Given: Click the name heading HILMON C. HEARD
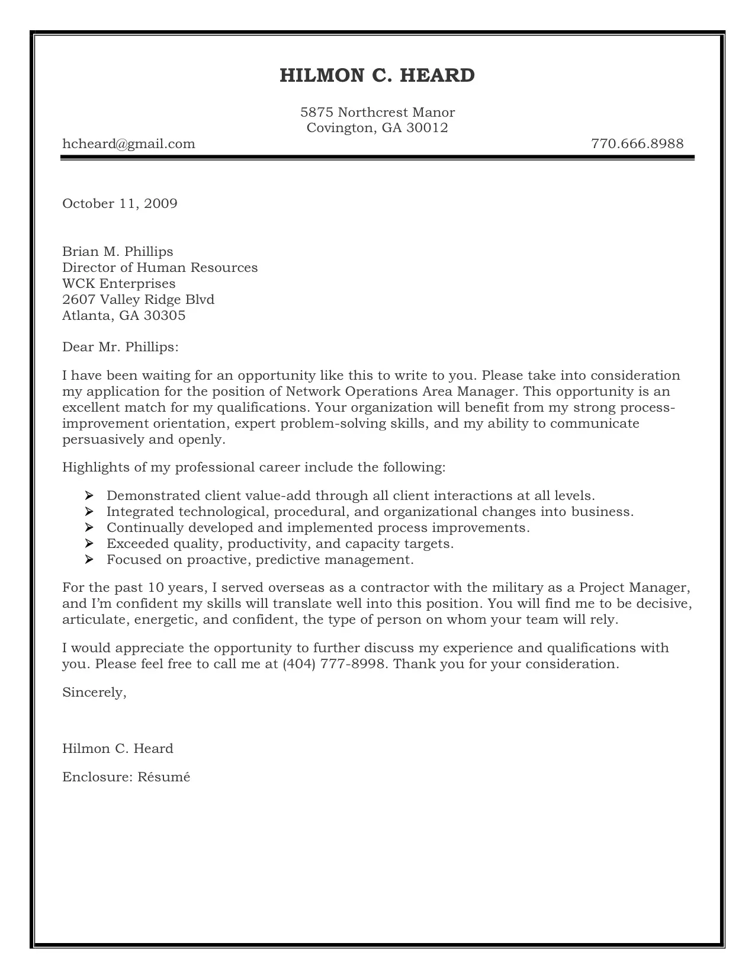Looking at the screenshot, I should click(x=377, y=76).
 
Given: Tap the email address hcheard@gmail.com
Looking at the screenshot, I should click(x=128, y=144).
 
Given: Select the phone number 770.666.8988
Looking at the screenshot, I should click(x=637, y=144).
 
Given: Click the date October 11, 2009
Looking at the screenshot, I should click(x=120, y=204).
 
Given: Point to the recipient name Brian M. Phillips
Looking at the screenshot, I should click(x=117, y=252).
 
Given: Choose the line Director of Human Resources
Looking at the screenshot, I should click(x=160, y=268).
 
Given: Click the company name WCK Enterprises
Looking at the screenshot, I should click(x=118, y=284).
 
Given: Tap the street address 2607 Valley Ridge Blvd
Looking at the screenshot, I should click(x=138, y=300).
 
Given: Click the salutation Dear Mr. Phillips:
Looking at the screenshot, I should click(x=120, y=347).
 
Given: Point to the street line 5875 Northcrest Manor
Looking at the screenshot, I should click(x=377, y=113).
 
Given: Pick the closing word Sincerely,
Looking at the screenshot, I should click(x=94, y=692).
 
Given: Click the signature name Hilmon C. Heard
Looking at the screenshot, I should click(x=117, y=749).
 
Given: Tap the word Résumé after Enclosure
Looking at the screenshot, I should click(x=164, y=777).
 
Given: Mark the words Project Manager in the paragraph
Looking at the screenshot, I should click(x=634, y=588).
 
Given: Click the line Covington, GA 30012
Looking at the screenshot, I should click(x=377, y=128).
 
